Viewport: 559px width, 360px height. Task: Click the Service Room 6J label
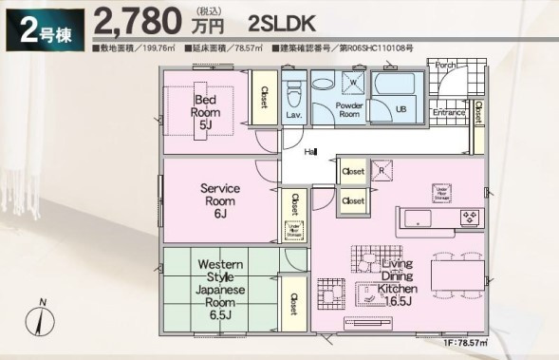[219, 200]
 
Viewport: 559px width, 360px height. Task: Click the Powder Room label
[349, 107]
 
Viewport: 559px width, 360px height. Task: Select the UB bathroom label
[401, 108]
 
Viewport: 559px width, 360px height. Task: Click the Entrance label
[449, 112]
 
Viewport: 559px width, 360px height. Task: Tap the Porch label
[445, 65]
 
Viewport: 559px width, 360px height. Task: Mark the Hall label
[310, 152]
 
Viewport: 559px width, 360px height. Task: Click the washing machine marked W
[353, 85]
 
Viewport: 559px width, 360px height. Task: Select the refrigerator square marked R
[382, 171]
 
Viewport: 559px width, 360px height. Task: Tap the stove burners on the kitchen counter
[471, 218]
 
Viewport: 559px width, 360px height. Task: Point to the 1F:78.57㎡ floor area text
[463, 342]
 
